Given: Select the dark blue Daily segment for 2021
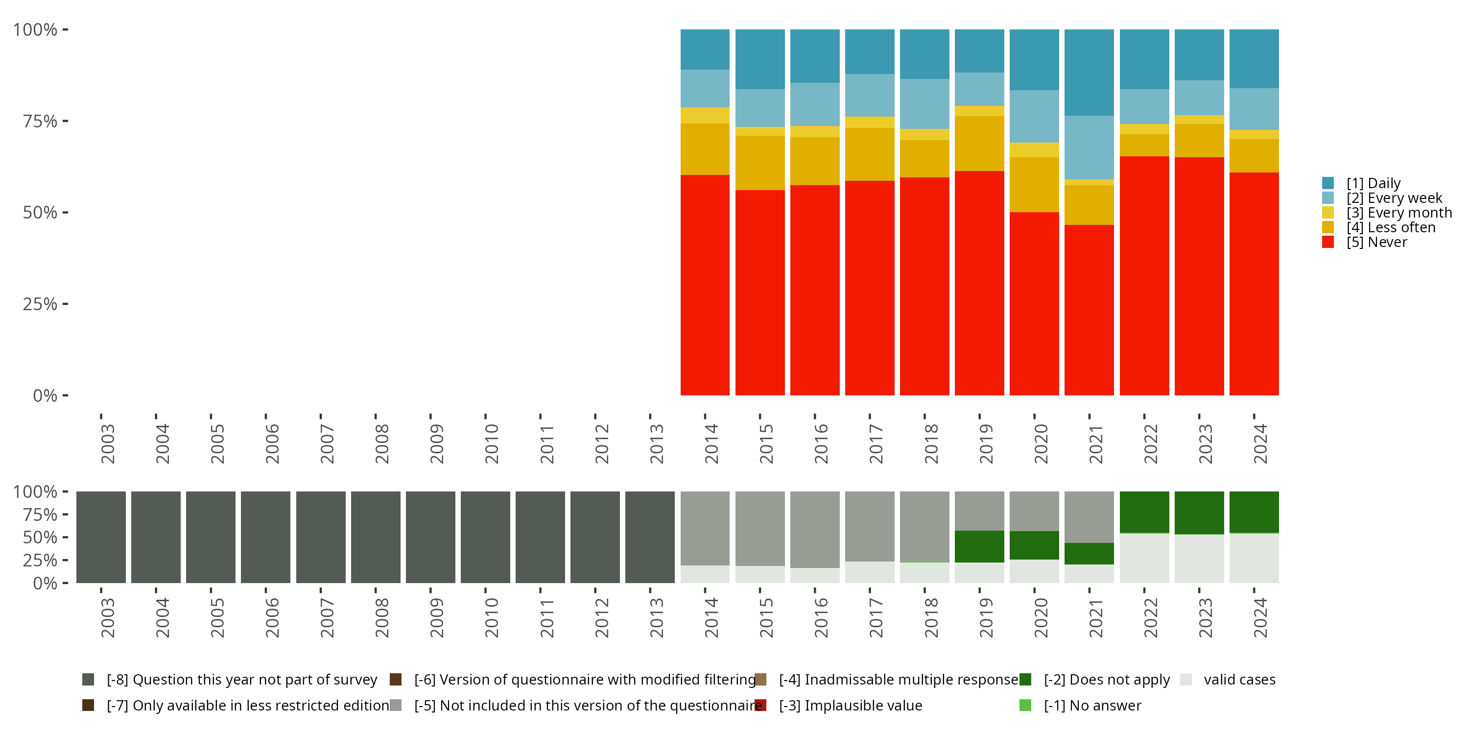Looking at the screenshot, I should (x=1089, y=73).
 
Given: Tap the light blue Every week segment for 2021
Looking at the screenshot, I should (x=1089, y=147).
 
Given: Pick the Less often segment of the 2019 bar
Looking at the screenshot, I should (x=979, y=143).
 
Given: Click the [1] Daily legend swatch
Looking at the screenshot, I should (x=1327, y=183).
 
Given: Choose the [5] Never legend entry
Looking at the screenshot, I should (x=1376, y=243).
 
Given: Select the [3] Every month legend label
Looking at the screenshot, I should (x=1399, y=213).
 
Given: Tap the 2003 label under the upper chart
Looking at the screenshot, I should (x=107, y=443).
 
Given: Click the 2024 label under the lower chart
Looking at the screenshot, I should (x=1260, y=617).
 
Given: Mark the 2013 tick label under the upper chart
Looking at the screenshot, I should (x=656, y=443).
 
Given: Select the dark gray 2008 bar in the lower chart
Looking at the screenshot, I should (x=375, y=537).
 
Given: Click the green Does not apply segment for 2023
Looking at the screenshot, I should (x=1199, y=513).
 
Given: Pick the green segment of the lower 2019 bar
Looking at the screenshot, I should (x=979, y=546).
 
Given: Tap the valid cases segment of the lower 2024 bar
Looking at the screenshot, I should (x=1254, y=558).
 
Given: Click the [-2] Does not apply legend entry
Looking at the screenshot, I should (x=1106, y=680).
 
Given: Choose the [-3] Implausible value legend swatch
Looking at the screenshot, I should (x=760, y=705).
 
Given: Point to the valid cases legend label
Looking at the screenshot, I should (x=1239, y=680).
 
